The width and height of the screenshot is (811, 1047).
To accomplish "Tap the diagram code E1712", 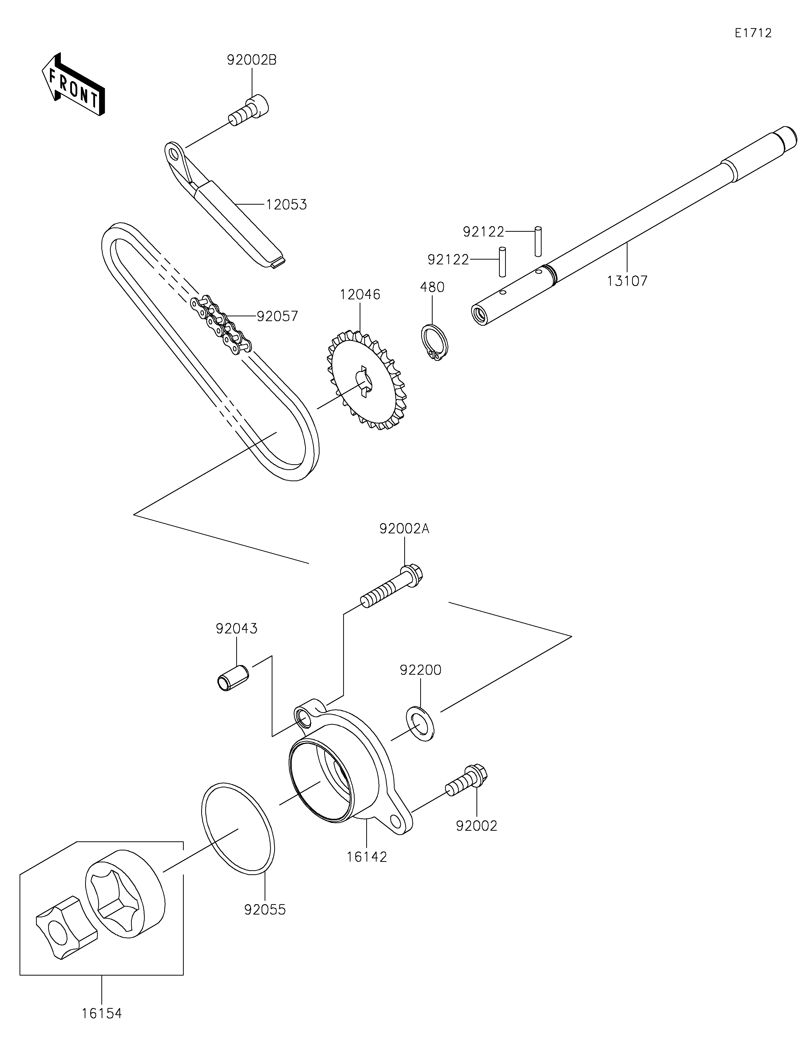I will (x=753, y=33).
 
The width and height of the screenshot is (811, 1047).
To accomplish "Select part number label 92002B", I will (x=251, y=60).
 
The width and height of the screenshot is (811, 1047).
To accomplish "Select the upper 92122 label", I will (x=484, y=232).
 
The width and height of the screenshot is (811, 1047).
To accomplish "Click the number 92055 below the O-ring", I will (x=265, y=909).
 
